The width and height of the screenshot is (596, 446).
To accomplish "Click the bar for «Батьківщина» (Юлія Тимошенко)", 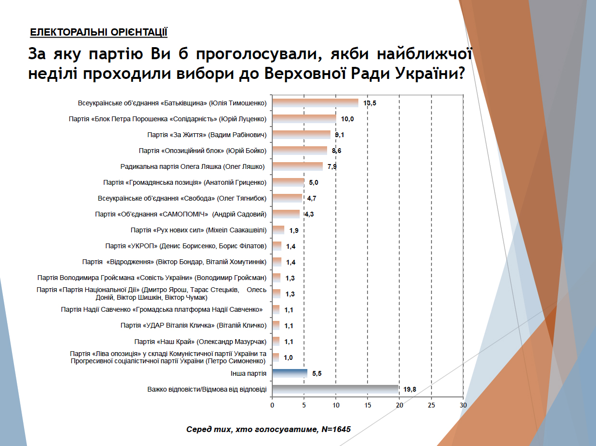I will click(x=315, y=103).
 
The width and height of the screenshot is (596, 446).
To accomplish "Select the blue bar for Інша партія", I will click(x=290, y=373).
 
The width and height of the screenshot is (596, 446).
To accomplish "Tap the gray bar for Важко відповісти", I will click(x=335, y=389).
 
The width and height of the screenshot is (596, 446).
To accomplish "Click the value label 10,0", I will click(x=347, y=119).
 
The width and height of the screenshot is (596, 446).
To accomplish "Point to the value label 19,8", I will click(x=410, y=389).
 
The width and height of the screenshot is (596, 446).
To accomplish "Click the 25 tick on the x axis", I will click(x=431, y=405).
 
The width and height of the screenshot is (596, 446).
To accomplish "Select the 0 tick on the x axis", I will click(x=272, y=405).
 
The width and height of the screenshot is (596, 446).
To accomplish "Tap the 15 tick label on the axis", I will click(x=368, y=405).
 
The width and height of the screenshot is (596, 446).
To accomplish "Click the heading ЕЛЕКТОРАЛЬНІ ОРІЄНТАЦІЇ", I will click(x=99, y=33).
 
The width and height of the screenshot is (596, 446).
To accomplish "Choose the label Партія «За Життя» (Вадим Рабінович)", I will click(x=207, y=135).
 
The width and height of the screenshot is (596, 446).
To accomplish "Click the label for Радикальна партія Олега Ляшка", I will click(x=193, y=166).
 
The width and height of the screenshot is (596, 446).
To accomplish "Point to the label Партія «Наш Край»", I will click(x=200, y=342).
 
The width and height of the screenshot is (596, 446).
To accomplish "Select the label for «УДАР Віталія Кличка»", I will click(x=193, y=326).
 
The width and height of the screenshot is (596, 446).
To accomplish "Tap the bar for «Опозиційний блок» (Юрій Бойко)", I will click(x=300, y=151).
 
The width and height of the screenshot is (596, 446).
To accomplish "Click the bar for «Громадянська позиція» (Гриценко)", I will click(x=288, y=182).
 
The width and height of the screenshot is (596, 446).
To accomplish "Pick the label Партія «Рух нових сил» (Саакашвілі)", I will click(x=198, y=230).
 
